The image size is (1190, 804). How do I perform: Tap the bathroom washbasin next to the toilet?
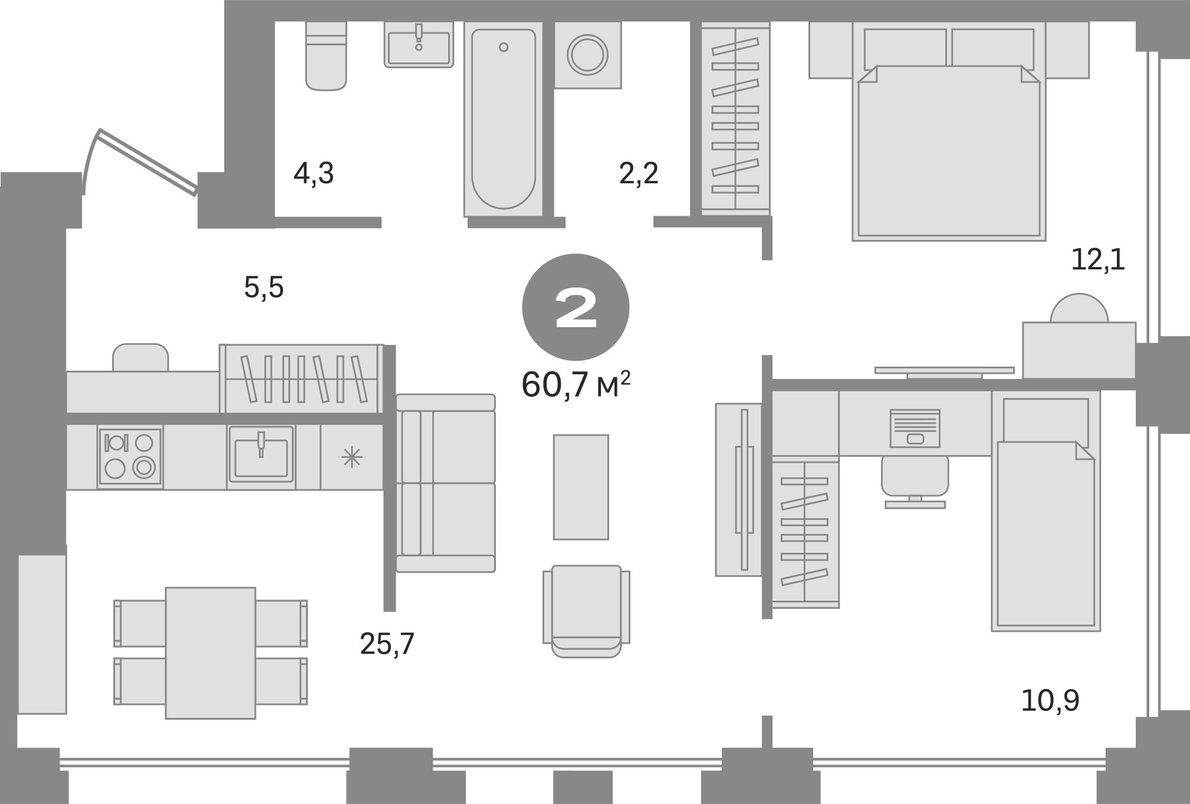419,46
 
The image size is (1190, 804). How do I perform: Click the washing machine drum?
587,55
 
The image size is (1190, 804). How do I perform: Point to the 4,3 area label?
314,174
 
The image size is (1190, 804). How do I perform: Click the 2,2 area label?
639,174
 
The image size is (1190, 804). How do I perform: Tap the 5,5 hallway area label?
264,288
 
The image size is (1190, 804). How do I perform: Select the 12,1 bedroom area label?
1097,260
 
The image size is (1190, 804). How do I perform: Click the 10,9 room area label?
1050,701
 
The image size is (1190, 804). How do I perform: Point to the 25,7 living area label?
387,644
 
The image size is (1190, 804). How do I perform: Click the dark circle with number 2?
576,307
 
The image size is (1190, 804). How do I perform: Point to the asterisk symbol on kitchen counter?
352,457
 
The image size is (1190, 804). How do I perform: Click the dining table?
211,653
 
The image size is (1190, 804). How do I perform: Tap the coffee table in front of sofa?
581,487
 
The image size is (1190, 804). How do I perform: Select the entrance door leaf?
147,161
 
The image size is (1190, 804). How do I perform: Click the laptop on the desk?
915,428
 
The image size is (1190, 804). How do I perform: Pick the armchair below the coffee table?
586,610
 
